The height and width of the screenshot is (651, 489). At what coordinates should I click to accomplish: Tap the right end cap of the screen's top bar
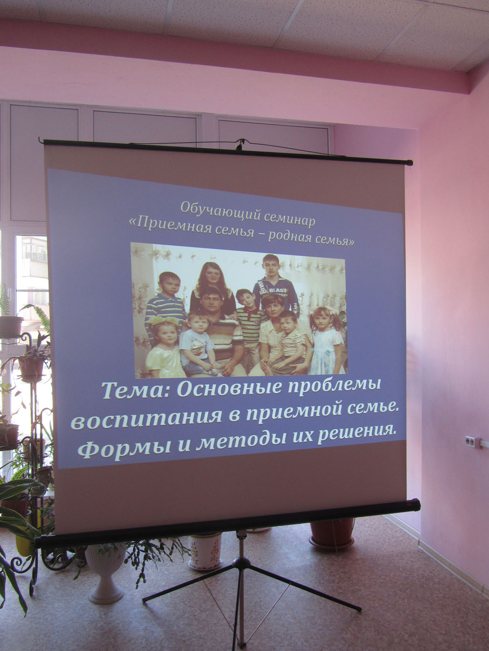(409, 163)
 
